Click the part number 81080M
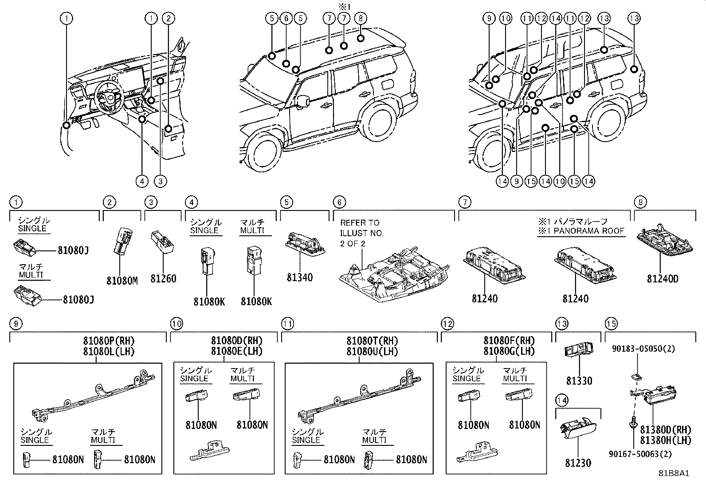[x=122, y=281]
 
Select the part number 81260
[x=163, y=278]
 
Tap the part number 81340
[x=300, y=277]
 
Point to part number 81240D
[x=663, y=279]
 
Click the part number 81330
[x=579, y=381]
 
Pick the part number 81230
[x=578, y=463]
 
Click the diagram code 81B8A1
[x=674, y=473]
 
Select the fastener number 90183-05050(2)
[x=643, y=349]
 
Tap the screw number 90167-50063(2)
[x=640, y=454]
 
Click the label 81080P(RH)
[x=109, y=341]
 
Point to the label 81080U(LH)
[x=372, y=351]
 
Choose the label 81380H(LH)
[x=666, y=440]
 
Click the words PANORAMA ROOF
[x=589, y=231]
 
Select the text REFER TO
[x=360, y=223]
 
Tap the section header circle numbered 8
[x=640, y=202]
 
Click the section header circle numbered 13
[x=561, y=324]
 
